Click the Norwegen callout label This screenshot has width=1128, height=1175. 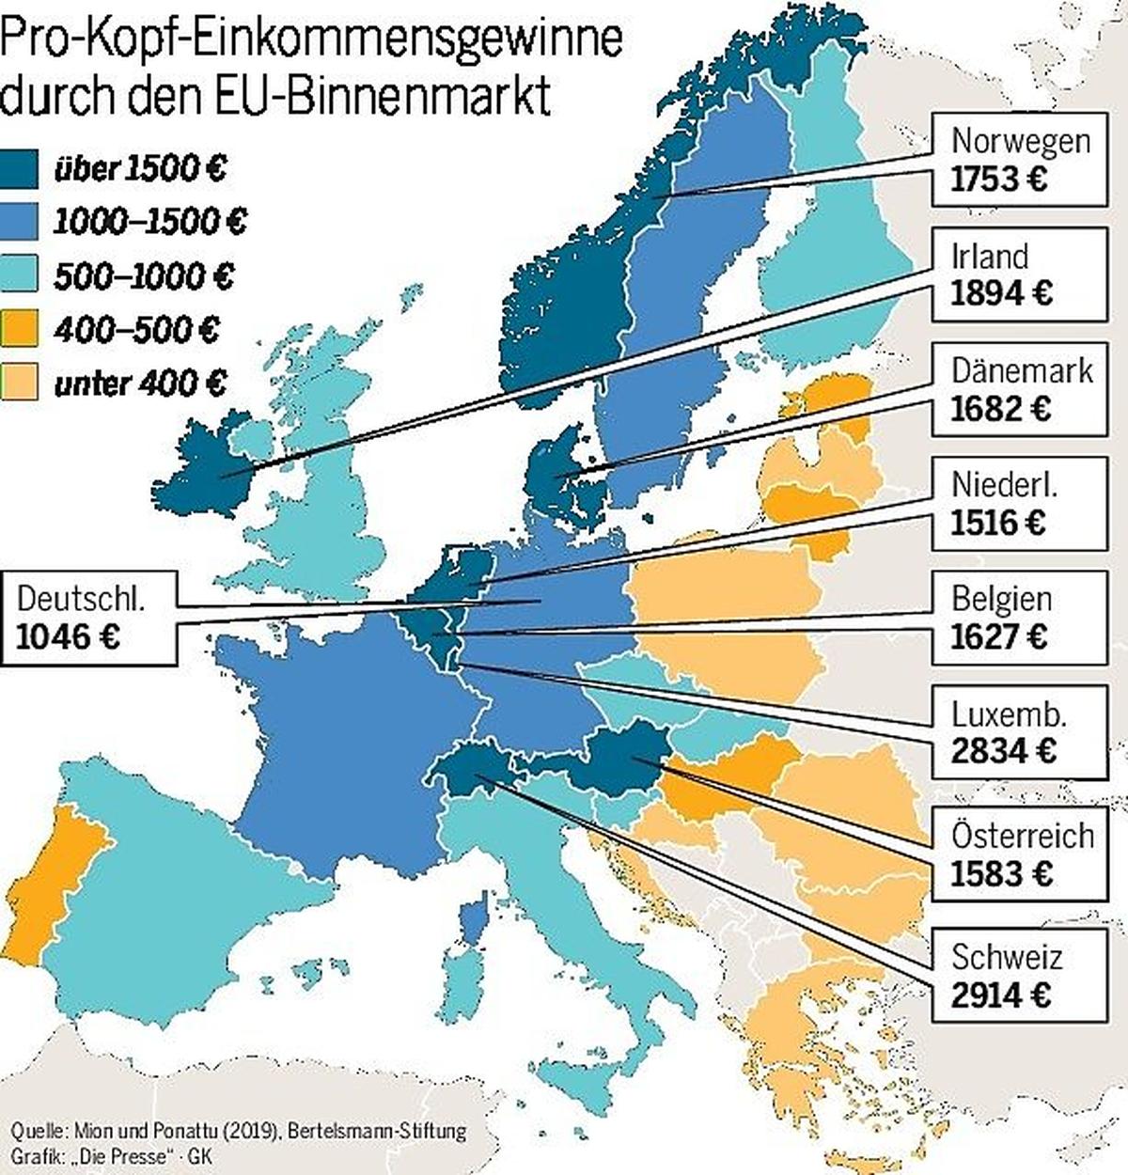[1020, 141]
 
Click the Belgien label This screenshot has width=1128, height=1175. [1001, 598]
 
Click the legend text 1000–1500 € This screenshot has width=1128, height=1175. [150, 222]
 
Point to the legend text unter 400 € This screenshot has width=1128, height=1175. [141, 384]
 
